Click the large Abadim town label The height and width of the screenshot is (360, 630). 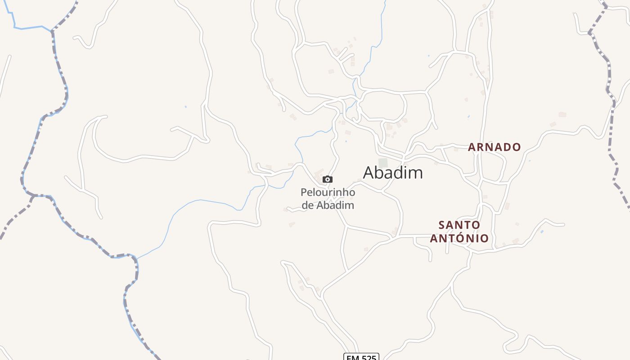(x=393, y=172)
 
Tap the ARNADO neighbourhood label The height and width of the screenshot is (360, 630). (x=494, y=147)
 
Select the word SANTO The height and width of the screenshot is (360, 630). (x=459, y=225)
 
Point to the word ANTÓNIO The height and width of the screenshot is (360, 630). (x=459, y=238)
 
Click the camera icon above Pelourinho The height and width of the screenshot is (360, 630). (x=328, y=179)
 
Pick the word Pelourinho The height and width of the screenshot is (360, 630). (x=328, y=193)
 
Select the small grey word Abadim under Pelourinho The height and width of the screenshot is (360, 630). (x=335, y=205)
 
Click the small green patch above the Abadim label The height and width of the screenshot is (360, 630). (x=383, y=162)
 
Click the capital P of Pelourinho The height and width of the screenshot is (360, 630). (x=304, y=193)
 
